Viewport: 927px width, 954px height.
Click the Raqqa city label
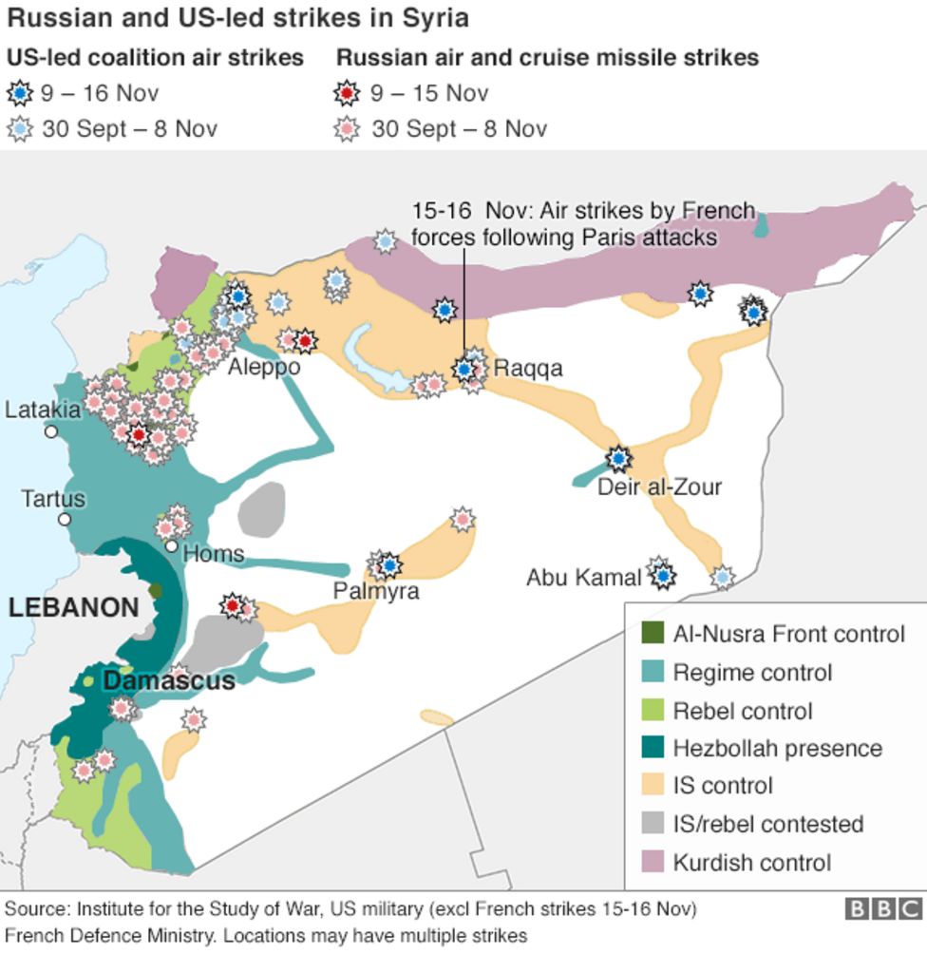[x=528, y=369]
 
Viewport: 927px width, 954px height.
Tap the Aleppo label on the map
[x=264, y=368]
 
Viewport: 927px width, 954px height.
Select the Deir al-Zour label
[x=659, y=487]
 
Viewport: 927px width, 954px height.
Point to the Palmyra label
[x=375, y=591]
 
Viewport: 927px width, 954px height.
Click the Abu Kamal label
[x=584, y=577]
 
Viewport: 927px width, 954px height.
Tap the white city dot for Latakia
[x=51, y=431]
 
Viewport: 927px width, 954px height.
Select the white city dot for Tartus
[x=65, y=520]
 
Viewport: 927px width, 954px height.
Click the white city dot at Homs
[x=171, y=546]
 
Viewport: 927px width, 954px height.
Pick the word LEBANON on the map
[x=73, y=608]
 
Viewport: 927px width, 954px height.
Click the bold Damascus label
[x=168, y=681]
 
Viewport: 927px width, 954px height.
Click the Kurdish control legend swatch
[x=651, y=863]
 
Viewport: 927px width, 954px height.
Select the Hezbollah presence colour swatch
[x=651, y=749]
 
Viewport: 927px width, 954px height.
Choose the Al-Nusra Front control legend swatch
[x=651, y=634]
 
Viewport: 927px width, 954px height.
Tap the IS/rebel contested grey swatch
[x=651, y=825]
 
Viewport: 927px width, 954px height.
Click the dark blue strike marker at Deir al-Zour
[x=619, y=459]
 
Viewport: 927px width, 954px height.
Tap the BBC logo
[x=883, y=910]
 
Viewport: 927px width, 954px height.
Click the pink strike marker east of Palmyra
[x=462, y=519]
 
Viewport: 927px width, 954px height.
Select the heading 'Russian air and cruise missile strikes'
[x=547, y=58]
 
